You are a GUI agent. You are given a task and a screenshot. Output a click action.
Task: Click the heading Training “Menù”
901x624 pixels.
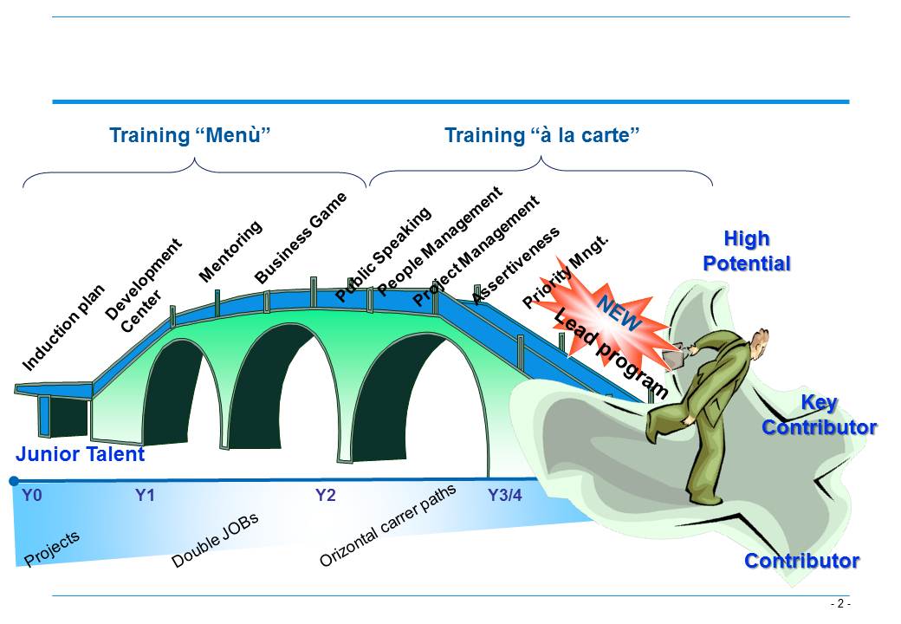tap(190, 135)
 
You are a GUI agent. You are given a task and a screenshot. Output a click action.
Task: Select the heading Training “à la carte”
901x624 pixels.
tap(541, 135)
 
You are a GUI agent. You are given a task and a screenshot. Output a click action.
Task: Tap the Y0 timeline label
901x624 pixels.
tap(31, 495)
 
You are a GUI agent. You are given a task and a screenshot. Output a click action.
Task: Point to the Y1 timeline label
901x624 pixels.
tap(145, 495)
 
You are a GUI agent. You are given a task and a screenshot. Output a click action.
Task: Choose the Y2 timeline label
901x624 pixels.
tap(325, 495)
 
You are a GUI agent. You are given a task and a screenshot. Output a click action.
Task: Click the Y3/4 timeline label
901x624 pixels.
tap(505, 495)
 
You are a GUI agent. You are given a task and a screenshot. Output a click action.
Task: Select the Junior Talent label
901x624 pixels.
tap(80, 454)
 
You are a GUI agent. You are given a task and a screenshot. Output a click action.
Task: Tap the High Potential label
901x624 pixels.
tap(747, 250)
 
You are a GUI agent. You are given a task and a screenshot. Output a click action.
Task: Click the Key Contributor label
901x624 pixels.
tap(820, 415)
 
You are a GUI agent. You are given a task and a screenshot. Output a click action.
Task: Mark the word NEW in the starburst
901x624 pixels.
tap(619, 313)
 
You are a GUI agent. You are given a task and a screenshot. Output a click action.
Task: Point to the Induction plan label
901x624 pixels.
tap(63, 328)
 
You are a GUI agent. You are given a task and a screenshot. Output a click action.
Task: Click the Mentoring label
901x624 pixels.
tap(230, 251)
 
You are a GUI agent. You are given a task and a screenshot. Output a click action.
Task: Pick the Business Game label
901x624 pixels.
tap(301, 237)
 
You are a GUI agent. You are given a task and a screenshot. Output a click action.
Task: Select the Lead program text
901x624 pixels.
tap(611, 354)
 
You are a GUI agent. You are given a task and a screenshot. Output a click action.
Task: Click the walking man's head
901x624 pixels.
tap(759, 342)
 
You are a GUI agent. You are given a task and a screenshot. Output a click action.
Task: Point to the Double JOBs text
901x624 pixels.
tap(215, 540)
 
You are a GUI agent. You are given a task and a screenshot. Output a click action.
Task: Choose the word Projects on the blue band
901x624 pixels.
tap(52, 548)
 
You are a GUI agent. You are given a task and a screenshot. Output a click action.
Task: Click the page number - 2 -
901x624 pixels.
tap(840, 603)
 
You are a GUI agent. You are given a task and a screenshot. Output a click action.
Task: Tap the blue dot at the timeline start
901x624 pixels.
tap(14, 481)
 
